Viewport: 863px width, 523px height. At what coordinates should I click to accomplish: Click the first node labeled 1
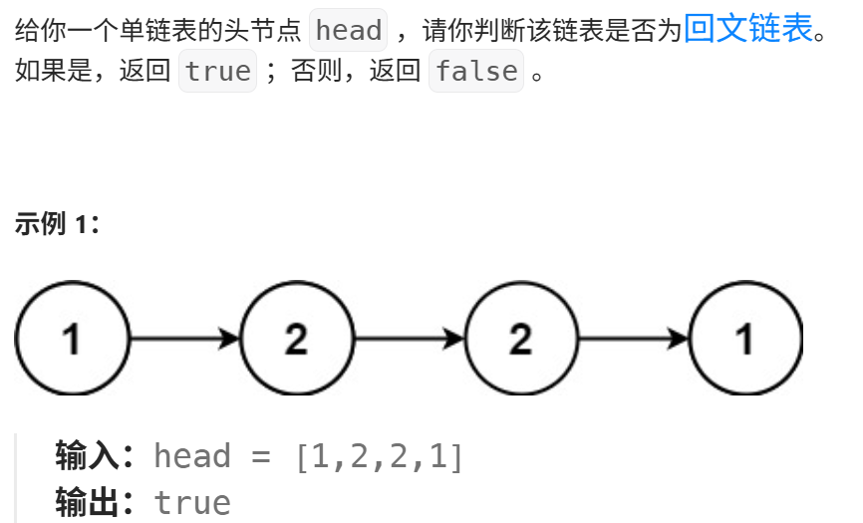point(72,339)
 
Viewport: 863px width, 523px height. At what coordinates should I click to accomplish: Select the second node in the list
point(296,339)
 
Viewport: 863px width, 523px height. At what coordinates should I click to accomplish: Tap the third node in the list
point(520,339)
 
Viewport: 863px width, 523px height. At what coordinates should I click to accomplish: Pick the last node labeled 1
point(744,339)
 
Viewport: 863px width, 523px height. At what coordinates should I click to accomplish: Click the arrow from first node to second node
point(184,339)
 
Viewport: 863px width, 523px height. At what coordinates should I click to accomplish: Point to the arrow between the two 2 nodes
point(409,339)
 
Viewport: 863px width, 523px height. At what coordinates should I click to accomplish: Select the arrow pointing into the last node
point(633,339)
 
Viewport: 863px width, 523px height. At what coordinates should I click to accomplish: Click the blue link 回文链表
point(748,29)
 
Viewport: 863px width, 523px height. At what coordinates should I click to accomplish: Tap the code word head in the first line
point(348,31)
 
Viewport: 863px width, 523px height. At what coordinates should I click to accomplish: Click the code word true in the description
point(217,72)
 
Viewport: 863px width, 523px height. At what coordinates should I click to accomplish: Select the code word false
point(476,72)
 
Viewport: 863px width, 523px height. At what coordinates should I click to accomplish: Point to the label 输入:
point(95,456)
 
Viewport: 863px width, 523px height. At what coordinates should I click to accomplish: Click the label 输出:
point(95,502)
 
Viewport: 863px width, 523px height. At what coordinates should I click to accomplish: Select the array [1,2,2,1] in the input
point(379,456)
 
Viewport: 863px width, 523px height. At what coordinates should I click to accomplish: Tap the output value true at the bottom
point(192,502)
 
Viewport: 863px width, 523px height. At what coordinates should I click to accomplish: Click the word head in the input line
point(192,456)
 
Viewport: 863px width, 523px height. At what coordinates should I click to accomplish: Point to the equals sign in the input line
point(262,456)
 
